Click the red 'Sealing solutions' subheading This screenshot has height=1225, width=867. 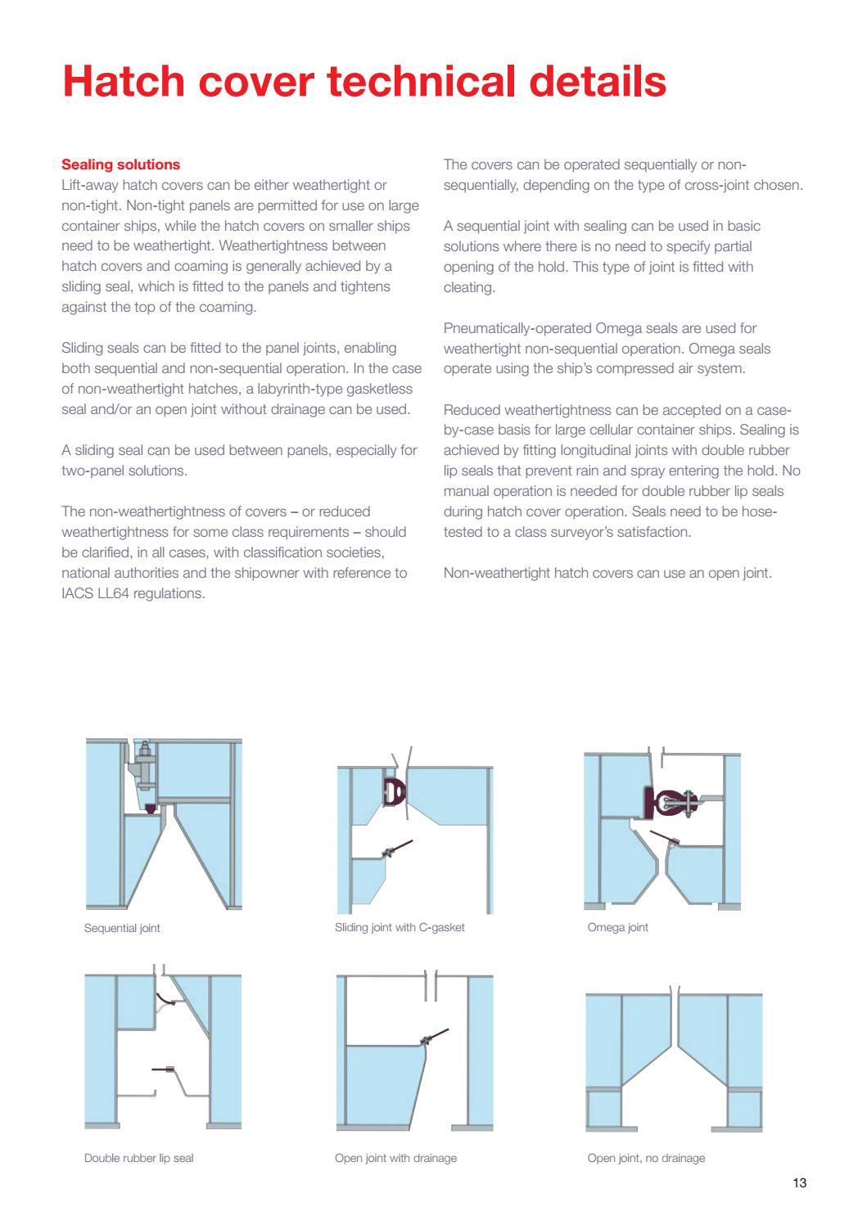(121, 164)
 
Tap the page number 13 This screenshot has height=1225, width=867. (800, 1182)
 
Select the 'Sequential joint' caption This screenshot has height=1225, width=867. (122, 928)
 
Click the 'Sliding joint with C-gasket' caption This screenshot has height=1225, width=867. (400, 927)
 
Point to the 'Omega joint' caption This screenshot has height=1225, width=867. (617, 927)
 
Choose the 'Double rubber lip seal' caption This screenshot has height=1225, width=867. (138, 1158)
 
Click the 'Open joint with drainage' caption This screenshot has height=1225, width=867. (395, 1158)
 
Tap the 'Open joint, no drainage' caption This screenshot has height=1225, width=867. (646, 1158)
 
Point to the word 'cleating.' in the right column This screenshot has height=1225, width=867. (468, 287)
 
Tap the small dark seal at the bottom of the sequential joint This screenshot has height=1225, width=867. (149, 808)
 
